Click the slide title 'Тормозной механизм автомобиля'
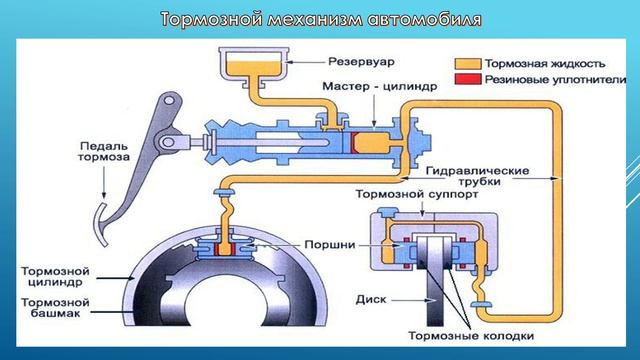click(320, 19)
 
